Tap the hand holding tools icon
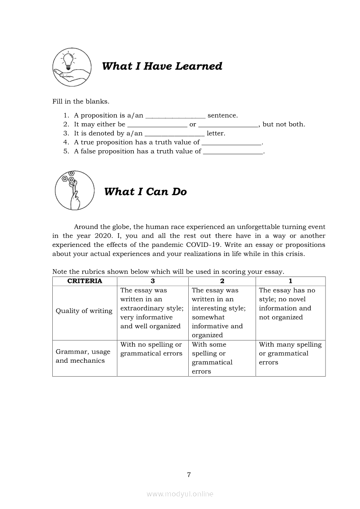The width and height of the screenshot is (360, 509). tap(71, 190)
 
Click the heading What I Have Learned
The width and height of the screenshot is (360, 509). tap(162, 66)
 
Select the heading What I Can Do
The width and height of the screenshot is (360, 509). tap(145, 192)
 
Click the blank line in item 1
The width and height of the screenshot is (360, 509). tap(175, 116)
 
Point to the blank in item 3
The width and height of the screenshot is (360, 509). tap(174, 134)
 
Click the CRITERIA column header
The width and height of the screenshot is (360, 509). tap(85, 281)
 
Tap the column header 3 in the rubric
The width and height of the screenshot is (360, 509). tap(153, 281)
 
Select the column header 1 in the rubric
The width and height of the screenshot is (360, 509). tap(290, 281)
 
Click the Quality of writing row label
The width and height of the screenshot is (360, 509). tap(84, 311)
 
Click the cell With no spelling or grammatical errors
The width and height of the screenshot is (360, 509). tap(151, 349)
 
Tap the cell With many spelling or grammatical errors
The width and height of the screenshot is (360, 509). tap(290, 354)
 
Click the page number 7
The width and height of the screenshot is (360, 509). tap(189, 475)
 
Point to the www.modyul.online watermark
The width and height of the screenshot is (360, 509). tap(180, 494)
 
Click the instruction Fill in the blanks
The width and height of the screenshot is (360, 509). tap(81, 102)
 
